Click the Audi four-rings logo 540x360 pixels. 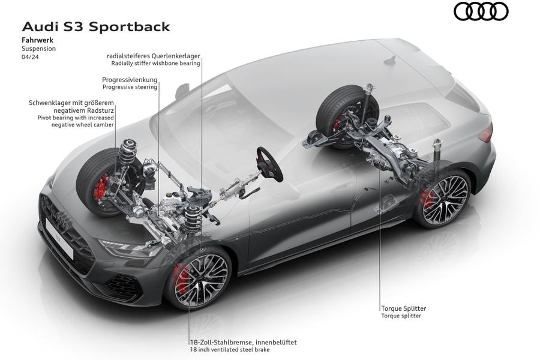(x=481, y=11)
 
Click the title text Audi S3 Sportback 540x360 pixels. (x=95, y=27)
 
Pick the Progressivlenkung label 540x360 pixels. (x=130, y=79)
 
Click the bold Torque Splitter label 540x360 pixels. (x=403, y=308)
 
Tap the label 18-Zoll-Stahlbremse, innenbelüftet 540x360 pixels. (x=242, y=342)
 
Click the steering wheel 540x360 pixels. (x=270, y=164)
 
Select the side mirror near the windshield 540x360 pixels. (x=182, y=92)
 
